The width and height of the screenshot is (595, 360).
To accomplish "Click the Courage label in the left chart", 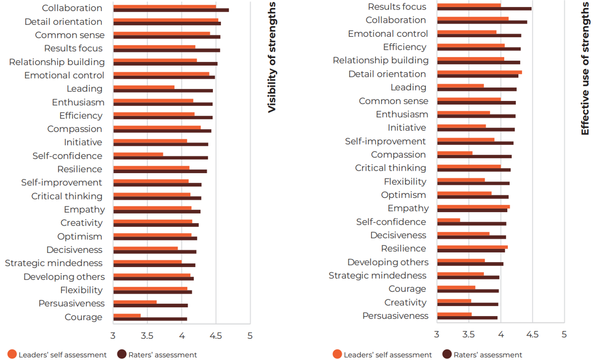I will [x=83, y=317].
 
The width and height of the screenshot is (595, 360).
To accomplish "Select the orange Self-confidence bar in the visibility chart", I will [x=138, y=154].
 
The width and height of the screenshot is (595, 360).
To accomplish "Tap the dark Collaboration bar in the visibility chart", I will [x=171, y=10].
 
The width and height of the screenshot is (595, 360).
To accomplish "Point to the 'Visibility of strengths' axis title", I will [x=272, y=57].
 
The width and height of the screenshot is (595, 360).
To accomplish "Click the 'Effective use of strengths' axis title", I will [x=585, y=68].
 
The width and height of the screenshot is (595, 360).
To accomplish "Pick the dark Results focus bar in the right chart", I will [x=484, y=9].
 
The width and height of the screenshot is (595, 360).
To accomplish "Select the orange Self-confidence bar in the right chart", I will [x=449, y=220].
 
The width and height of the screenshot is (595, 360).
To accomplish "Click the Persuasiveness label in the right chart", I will [x=395, y=316].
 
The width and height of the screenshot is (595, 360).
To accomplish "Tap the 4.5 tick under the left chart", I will [x=216, y=335].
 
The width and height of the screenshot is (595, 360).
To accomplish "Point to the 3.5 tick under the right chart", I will [x=469, y=334].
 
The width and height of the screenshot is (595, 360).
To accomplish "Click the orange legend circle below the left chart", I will [x=12, y=354].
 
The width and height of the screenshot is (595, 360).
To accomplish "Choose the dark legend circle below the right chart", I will [x=447, y=354].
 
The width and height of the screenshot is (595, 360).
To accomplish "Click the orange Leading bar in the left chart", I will [x=144, y=87].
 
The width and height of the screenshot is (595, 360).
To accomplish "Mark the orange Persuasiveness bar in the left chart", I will [x=135, y=302].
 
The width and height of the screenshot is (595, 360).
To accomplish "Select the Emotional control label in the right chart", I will [x=388, y=34].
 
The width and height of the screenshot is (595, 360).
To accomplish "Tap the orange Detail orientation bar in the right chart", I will [x=479, y=72].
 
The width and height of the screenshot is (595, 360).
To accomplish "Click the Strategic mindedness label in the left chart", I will [x=53, y=263].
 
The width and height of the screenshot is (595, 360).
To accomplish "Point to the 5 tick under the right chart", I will [x=564, y=334].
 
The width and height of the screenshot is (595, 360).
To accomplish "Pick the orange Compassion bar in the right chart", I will [x=455, y=153].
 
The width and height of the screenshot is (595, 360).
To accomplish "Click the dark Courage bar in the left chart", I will [x=150, y=319].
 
